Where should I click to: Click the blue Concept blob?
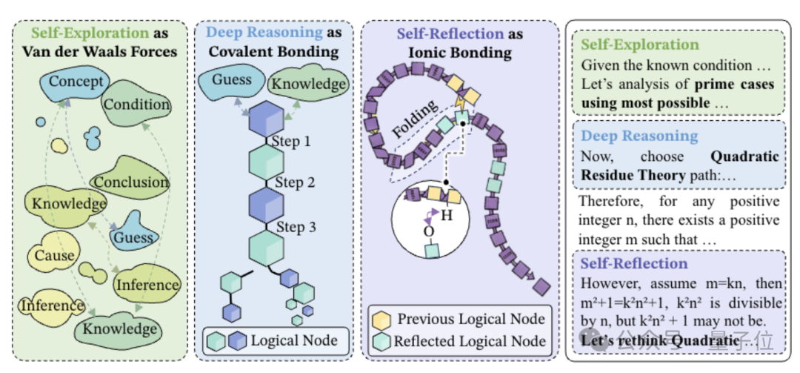76,82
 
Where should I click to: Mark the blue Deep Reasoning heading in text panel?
639,136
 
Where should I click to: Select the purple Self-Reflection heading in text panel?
634,264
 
